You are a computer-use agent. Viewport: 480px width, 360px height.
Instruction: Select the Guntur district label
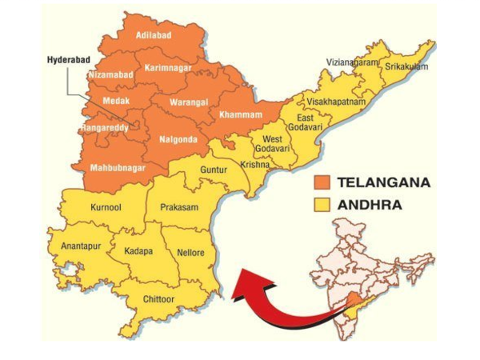tap(214, 170)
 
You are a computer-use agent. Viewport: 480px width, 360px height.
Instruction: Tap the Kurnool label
tap(106, 206)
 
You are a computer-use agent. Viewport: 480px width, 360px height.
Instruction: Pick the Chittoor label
tap(160, 299)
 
